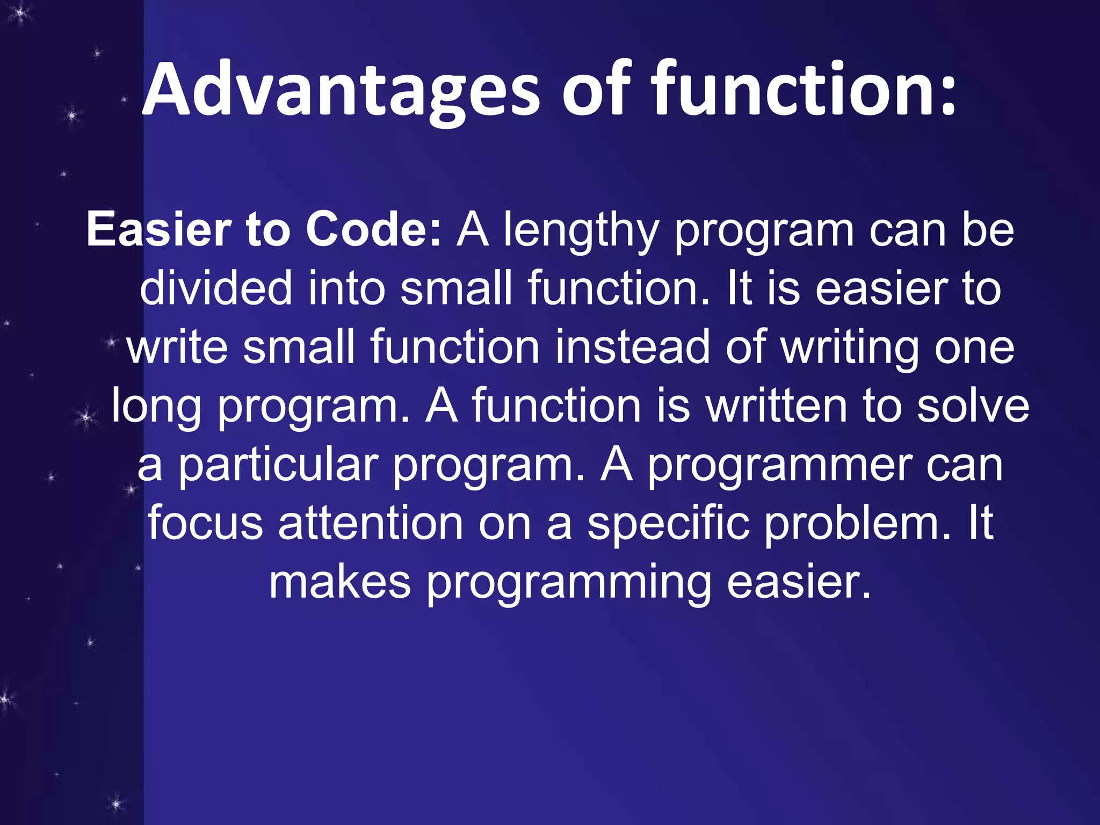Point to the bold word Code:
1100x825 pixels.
click(373, 230)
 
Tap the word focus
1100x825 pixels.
click(206, 523)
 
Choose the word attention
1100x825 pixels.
click(371, 523)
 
